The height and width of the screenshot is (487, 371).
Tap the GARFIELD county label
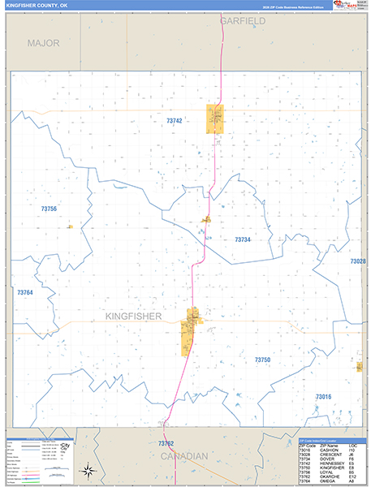242,20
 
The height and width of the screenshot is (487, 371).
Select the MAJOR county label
43,43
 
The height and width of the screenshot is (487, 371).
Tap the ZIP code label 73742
175,121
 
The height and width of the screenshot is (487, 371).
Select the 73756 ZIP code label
49,209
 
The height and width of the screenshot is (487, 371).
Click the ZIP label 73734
242,239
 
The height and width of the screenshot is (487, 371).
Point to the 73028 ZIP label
358,261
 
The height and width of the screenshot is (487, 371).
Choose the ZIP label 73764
25,292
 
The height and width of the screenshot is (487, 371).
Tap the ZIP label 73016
323,396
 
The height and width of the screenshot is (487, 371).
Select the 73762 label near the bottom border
166,443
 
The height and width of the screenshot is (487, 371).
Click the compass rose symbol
87,469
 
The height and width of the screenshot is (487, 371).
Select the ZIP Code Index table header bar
323,438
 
